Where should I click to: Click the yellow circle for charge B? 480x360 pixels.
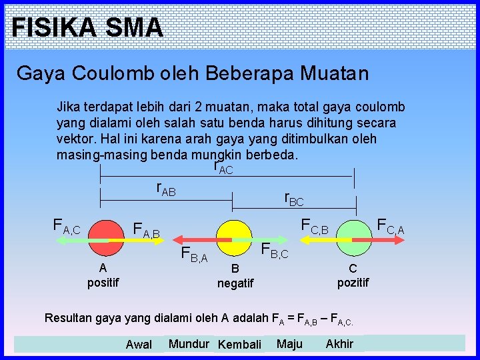[232, 238]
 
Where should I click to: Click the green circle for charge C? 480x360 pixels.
[353, 239]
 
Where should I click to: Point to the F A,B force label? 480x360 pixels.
[147, 231]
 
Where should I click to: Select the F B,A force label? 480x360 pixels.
[195, 254]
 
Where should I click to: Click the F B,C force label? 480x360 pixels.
[274, 251]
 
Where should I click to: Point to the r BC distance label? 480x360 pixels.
[293, 198]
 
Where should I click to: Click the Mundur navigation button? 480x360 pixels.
[189, 344]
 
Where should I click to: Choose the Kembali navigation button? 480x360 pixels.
[239, 345]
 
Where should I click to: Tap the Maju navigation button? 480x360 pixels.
[289, 344]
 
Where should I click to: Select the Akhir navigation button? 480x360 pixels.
[339, 344]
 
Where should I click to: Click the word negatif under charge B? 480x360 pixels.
[235, 284]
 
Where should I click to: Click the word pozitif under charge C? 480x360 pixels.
[353, 283]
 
